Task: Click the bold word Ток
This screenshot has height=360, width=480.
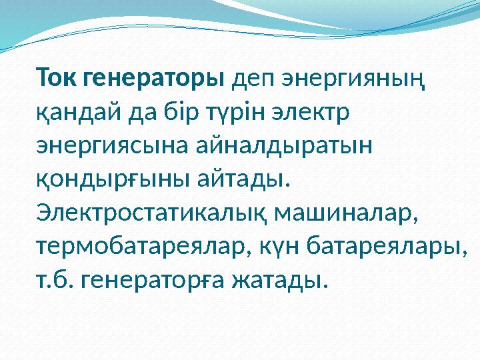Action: pos(59,79)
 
